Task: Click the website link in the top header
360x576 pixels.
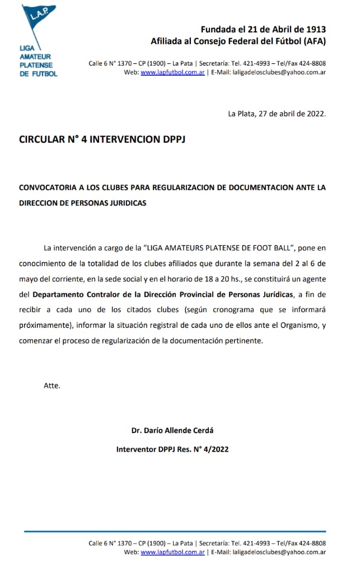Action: pyautogui.click(x=172, y=72)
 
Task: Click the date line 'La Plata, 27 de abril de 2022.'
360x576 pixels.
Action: pyautogui.click(x=277, y=113)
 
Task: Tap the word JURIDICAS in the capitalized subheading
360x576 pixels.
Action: pyautogui.click(x=124, y=203)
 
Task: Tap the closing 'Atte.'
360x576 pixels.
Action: pyautogui.click(x=52, y=385)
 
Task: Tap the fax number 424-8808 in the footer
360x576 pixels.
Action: pyautogui.click(x=311, y=543)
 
